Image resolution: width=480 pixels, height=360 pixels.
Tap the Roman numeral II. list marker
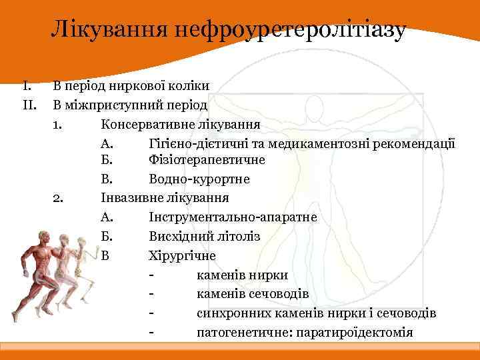29,105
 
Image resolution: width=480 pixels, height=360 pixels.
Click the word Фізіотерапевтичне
207,161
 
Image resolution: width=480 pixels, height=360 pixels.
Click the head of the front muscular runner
45,237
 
